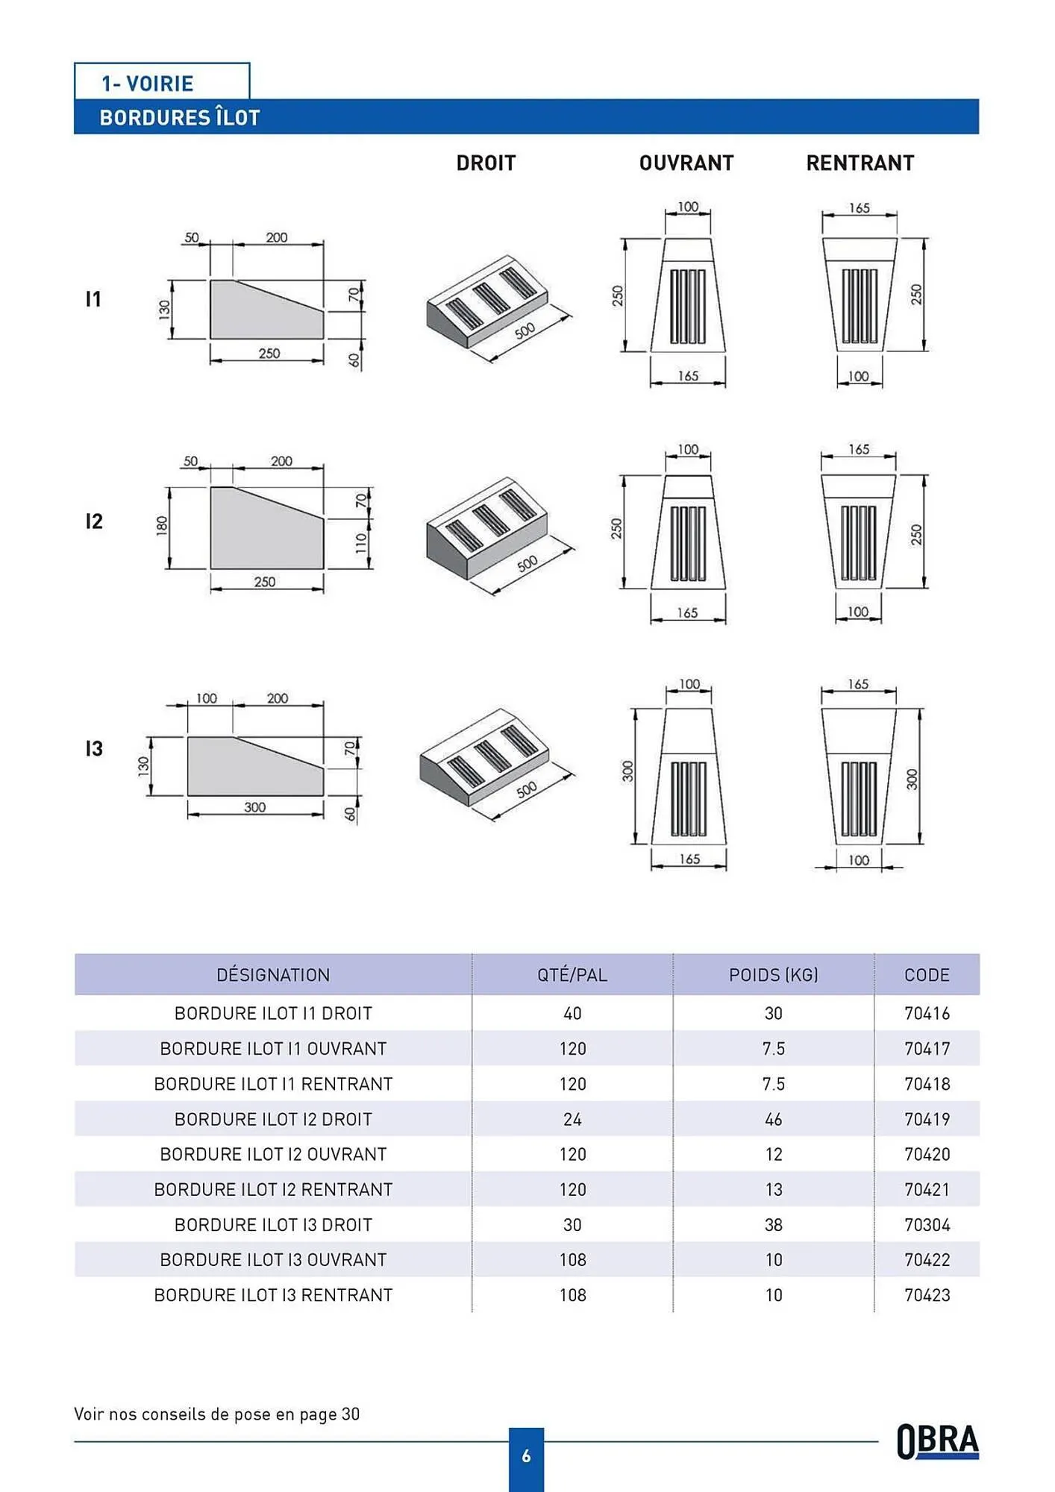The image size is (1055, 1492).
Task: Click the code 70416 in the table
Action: [927, 1013]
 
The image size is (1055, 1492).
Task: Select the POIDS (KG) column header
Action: [773, 975]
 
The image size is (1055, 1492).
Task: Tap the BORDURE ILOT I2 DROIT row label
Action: [273, 1119]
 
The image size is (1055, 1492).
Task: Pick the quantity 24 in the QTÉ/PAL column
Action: [572, 1119]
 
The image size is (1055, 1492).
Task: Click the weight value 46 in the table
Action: [773, 1119]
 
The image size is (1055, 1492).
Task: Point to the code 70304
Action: [927, 1225]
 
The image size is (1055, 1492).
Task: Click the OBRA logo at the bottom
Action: [937, 1441]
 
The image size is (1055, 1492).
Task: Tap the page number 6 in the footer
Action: [526, 1455]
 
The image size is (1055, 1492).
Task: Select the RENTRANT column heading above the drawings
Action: [860, 163]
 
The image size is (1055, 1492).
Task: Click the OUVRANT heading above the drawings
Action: [686, 163]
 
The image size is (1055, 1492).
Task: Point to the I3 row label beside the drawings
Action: [94, 748]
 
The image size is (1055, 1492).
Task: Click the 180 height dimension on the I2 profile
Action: [161, 526]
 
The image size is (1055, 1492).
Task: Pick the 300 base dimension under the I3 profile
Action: [254, 807]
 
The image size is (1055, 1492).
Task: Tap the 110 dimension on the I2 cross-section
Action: [361, 542]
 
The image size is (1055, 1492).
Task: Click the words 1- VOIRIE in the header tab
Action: [148, 84]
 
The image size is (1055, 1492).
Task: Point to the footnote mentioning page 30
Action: [216, 1414]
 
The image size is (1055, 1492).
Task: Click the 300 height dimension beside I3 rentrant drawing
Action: [912, 779]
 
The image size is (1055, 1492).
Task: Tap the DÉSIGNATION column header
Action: [273, 975]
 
